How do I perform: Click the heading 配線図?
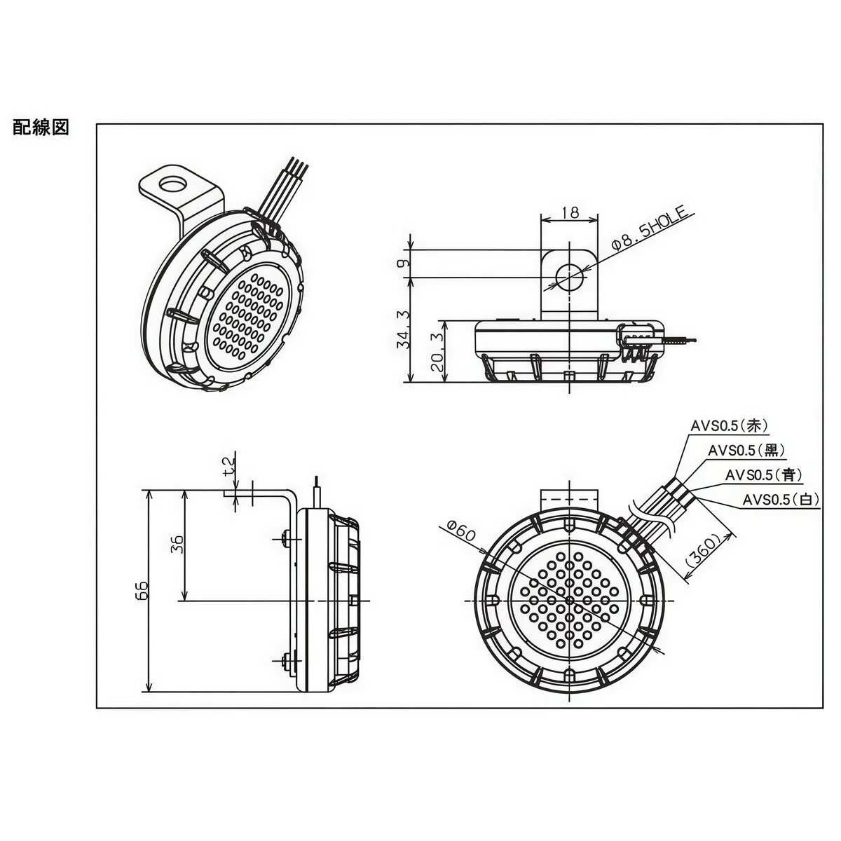click(x=41, y=128)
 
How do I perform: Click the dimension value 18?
click(x=571, y=212)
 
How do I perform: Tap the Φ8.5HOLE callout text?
click(x=652, y=228)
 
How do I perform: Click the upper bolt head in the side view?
click(x=283, y=538)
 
